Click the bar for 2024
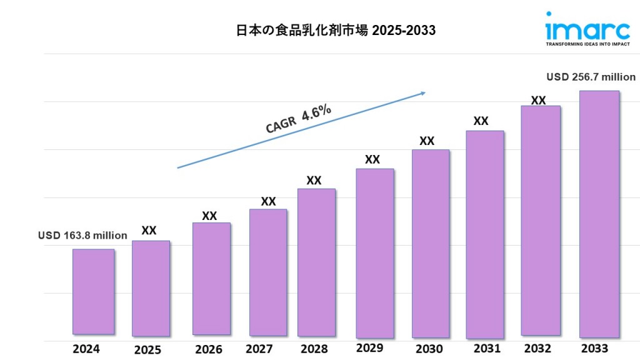pos(93,291)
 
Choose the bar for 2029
pos(374,252)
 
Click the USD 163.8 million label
pos(82,236)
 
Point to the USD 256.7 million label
pos(591,77)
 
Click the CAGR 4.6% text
pos(298,119)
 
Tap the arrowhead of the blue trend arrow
pos(422,94)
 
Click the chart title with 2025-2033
pos(336,31)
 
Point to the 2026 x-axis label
pos(208,349)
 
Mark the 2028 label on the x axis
pos(314,348)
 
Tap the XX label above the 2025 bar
pos(149,231)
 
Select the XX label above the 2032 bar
pos(538,100)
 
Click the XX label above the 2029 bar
pos(372,159)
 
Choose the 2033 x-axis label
pos(596,348)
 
